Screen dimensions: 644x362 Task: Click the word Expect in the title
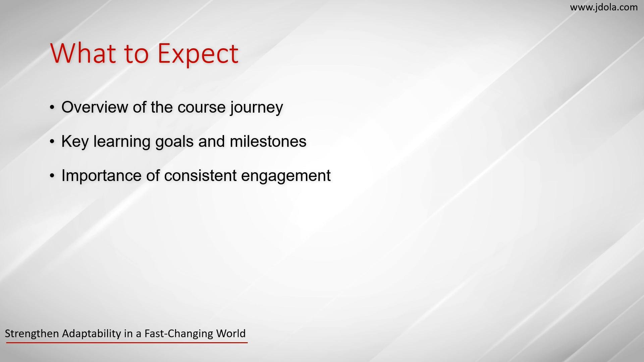[198, 54]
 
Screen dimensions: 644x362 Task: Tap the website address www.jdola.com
[604, 7]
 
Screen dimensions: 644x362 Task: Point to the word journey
[257, 108]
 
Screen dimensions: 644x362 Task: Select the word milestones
[268, 141]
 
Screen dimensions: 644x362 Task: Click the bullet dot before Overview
[52, 108]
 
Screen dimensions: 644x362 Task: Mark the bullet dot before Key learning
[52, 142]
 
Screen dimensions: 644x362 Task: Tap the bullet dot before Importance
[52, 176]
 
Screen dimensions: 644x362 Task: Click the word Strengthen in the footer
[32, 334]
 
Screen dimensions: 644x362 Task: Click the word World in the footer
[231, 334]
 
